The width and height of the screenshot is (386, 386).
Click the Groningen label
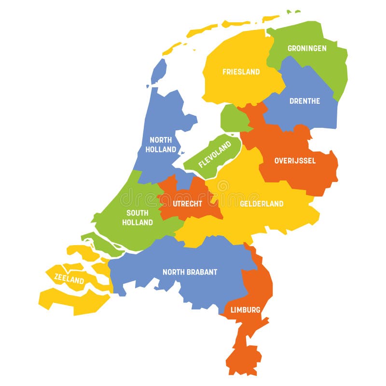coord(307,48)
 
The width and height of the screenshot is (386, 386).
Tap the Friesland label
coord(241,72)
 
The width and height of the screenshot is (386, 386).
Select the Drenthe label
coord(304,101)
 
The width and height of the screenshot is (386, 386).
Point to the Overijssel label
coord(295,161)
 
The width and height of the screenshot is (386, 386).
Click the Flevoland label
coord(215,155)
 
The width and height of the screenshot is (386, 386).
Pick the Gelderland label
coord(262,204)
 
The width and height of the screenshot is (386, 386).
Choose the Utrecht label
coord(187,204)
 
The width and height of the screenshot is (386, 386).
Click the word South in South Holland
coord(138,213)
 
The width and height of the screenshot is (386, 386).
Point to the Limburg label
coord(245,310)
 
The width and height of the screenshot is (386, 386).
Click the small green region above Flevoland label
coord(233,118)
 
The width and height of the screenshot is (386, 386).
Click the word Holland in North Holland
coord(161,150)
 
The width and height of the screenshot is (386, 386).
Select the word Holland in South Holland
coord(138,222)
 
